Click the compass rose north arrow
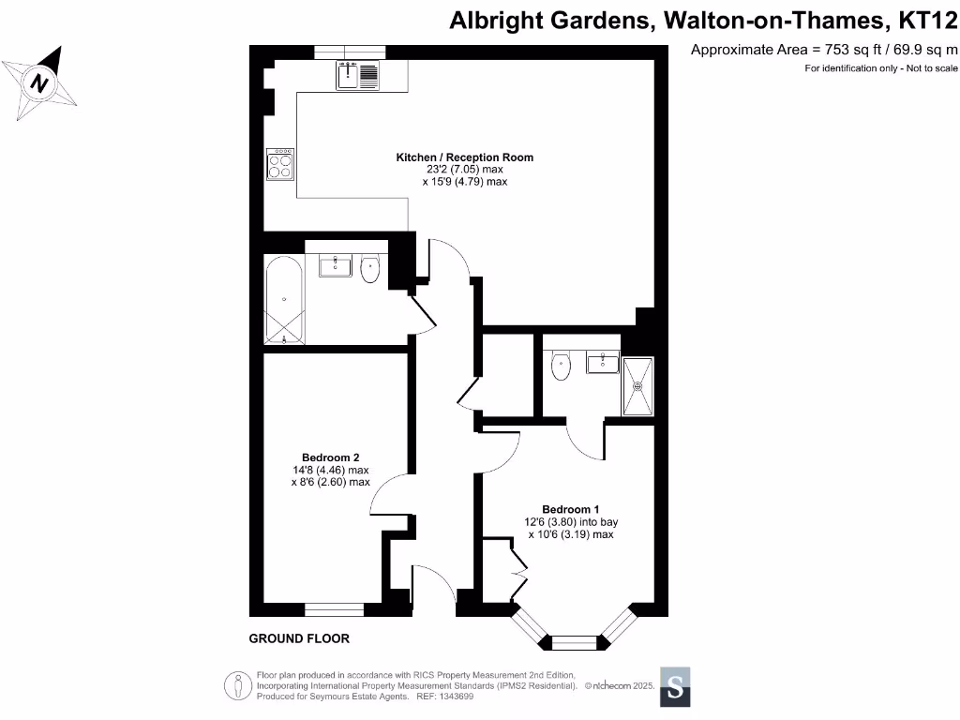point(39,82)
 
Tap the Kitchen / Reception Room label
point(464,157)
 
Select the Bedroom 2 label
point(331,457)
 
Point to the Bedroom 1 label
point(570,509)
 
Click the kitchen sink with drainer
point(357,74)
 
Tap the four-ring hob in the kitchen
point(279,165)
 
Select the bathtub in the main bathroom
point(283,298)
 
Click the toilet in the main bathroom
point(370,269)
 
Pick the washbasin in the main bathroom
point(335,266)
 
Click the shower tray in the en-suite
point(637,385)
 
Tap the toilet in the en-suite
point(562,366)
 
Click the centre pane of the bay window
point(573,642)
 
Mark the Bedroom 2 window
point(334,609)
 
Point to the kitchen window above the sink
point(350,52)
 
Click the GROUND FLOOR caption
point(299,638)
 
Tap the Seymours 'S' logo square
point(676,686)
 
